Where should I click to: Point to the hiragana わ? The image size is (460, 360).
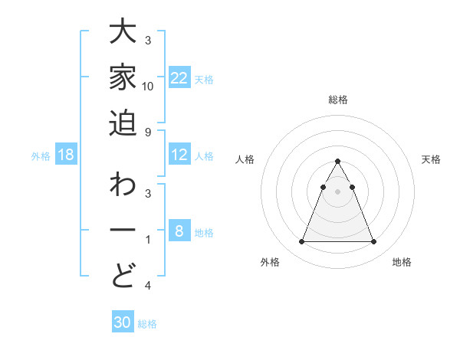point(123,187)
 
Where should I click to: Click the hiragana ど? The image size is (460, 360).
point(123,274)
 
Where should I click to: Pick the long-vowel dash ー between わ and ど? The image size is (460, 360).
point(123,231)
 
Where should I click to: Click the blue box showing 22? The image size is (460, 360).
point(179,78)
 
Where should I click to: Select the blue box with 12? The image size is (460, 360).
point(179,155)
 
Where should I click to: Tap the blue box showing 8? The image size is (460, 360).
point(179,231)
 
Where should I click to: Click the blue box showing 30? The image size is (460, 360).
point(123,322)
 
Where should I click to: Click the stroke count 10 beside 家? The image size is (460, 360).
point(148,86)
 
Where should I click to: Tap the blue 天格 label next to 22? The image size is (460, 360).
point(204,79)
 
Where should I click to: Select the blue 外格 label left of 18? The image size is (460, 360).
point(41,156)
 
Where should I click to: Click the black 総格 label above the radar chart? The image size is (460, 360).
point(338,100)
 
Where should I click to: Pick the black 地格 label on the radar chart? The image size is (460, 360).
point(402,262)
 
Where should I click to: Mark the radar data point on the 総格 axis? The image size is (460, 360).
point(338,162)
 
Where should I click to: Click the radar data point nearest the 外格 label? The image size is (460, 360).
point(301,242)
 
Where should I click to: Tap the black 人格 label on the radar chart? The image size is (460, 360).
point(245,159)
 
